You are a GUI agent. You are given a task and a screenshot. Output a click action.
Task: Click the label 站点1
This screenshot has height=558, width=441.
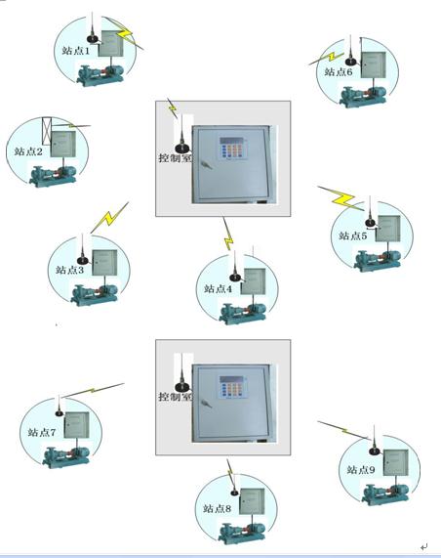pyautogui.click(x=76, y=50)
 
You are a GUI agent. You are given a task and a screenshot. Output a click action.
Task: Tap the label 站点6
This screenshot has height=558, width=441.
pyautogui.click(x=339, y=71)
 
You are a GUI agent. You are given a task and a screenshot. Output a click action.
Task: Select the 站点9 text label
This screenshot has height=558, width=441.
pyautogui.click(x=361, y=470)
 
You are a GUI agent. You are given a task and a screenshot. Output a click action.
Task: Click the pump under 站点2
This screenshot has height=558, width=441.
pyautogui.click(x=53, y=175)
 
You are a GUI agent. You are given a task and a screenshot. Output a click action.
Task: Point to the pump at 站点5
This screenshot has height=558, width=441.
pyautogui.click(x=377, y=260)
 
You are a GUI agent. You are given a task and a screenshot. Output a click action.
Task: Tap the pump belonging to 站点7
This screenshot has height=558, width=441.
pyautogui.click(x=65, y=456)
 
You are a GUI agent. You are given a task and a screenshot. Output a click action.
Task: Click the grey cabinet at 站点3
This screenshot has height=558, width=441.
pyautogui.click(x=104, y=263)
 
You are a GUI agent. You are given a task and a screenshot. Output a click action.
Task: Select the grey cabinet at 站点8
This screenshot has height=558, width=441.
pyautogui.click(x=252, y=501)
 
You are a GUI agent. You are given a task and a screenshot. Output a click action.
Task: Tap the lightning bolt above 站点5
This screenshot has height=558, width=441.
pyautogui.click(x=341, y=198)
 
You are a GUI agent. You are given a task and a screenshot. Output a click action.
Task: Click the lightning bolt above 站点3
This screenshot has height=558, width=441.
pyautogui.click(x=109, y=218)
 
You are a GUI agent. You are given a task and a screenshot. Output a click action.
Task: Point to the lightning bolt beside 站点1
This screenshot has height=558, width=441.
pyautogui.click(x=124, y=33)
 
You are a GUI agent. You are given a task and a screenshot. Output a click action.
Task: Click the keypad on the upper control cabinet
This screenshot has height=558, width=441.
pyautogui.click(x=233, y=148)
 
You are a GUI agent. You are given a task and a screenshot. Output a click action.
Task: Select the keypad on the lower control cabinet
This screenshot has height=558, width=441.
pyautogui.click(x=233, y=386)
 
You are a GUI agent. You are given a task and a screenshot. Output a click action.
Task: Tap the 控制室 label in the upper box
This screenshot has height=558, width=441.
pyautogui.click(x=176, y=157)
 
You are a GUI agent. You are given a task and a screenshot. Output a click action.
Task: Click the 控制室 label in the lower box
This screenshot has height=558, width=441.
pyautogui.click(x=176, y=396)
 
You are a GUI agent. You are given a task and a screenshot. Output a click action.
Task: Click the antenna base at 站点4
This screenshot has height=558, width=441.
pyautogui.click(x=235, y=278)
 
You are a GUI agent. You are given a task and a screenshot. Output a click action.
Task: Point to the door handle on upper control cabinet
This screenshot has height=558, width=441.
pyautogui.click(x=207, y=164)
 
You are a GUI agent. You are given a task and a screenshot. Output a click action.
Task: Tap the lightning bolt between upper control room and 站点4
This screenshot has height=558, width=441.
pyautogui.click(x=227, y=234)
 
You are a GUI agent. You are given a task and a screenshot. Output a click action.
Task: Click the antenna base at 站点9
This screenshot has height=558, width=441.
pyautogui.click(x=375, y=451)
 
